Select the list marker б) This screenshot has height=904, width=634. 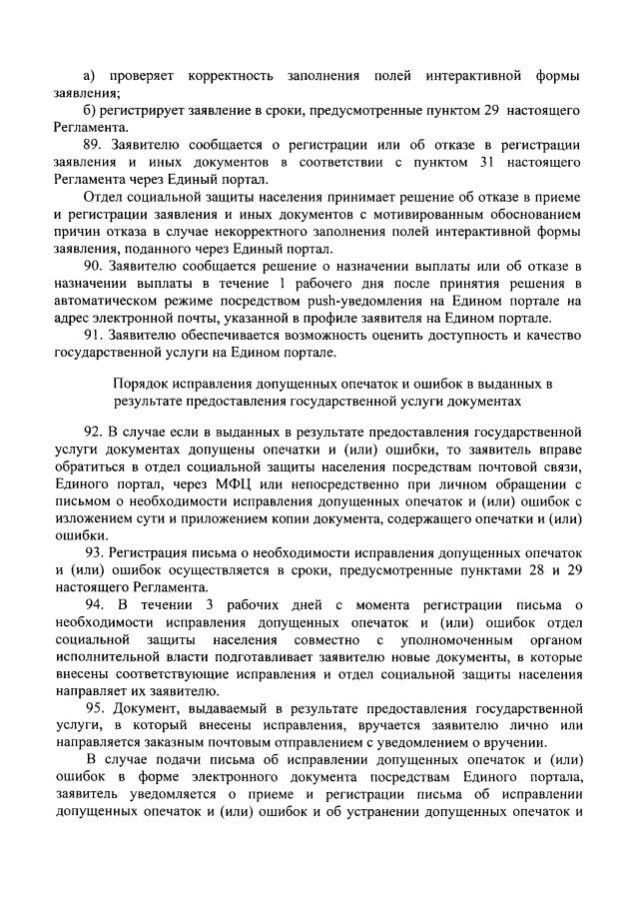coord(88,109)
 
